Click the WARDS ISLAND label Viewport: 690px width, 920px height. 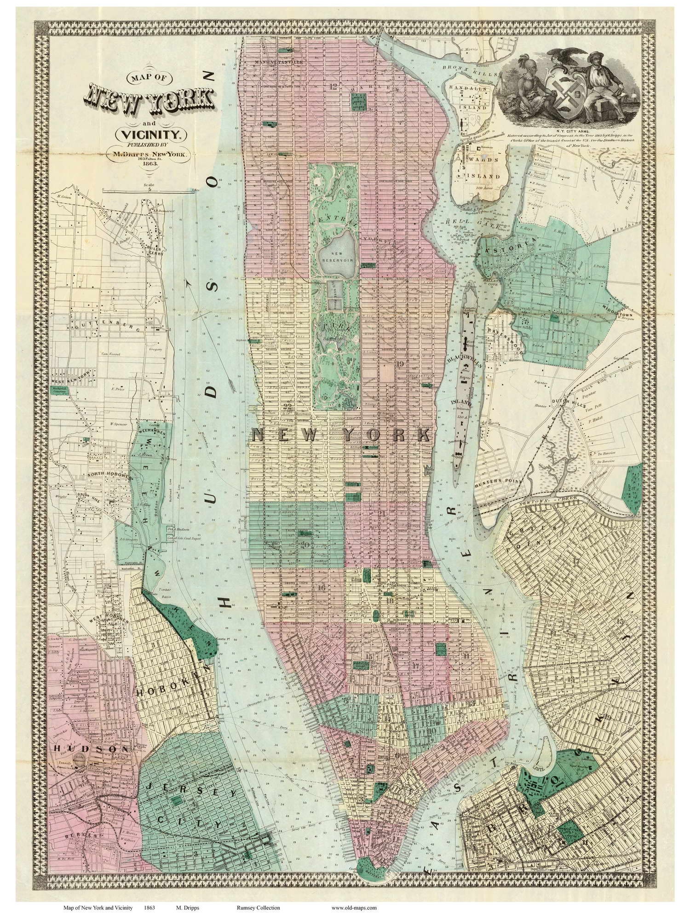click(x=481, y=171)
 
